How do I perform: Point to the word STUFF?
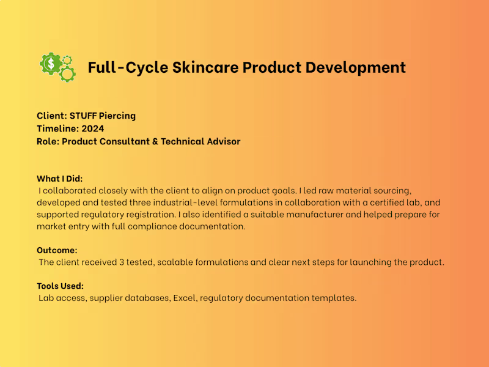[83, 116]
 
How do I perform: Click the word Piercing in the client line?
[117, 116]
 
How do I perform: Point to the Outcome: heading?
[57, 250]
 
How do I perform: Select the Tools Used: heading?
[60, 286]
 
